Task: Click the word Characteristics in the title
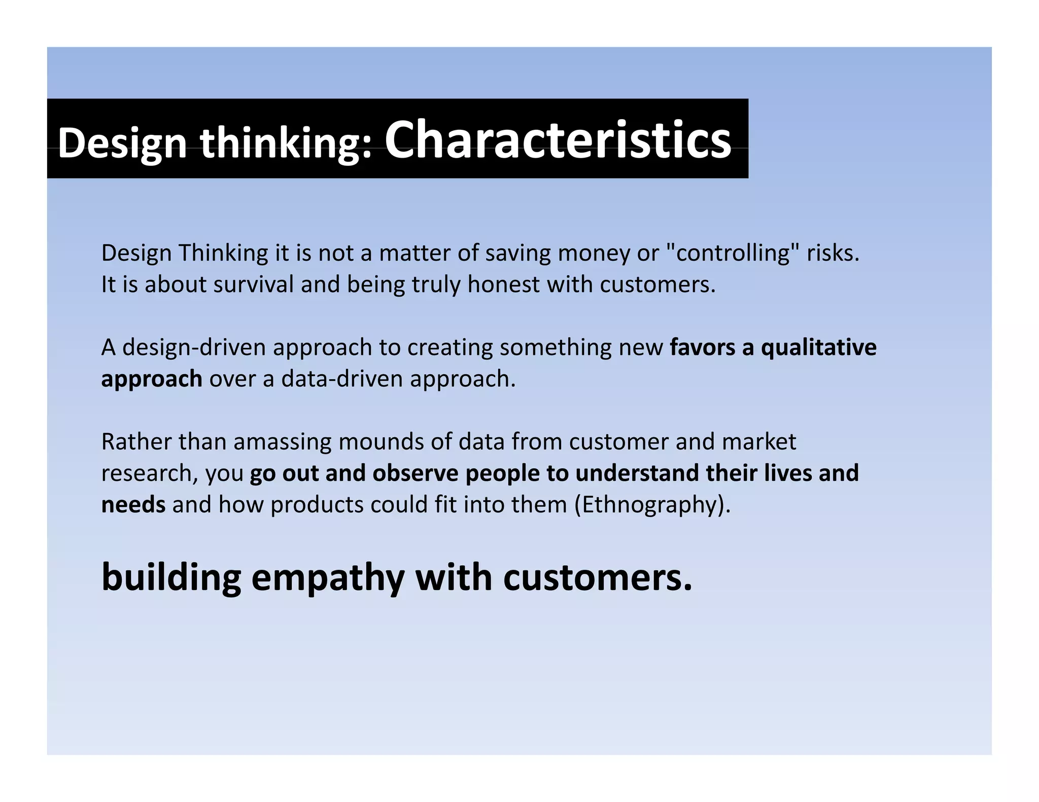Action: (558, 139)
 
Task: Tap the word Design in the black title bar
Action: (122, 143)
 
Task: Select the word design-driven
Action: (194, 348)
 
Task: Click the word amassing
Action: (282, 442)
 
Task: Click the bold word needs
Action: (133, 504)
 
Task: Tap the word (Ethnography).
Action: (652, 505)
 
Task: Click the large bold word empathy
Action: (328, 577)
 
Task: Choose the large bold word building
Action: (171, 577)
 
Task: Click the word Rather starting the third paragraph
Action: (136, 442)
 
